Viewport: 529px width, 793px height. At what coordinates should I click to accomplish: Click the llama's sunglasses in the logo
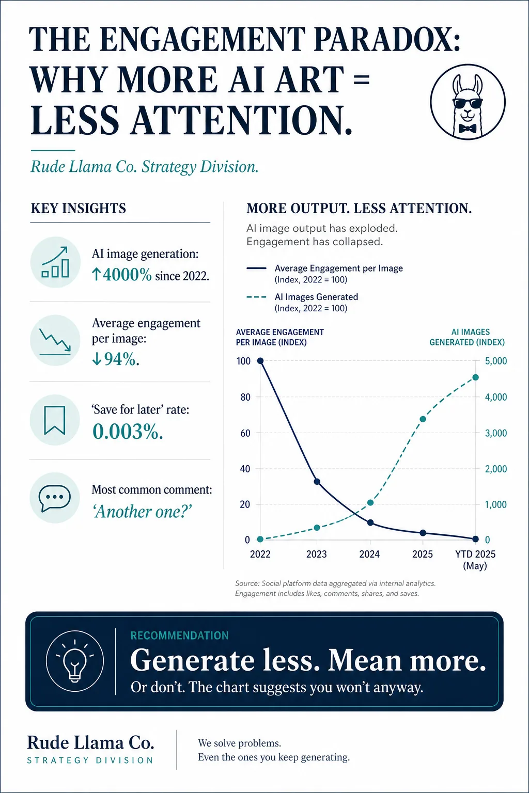tap(468, 104)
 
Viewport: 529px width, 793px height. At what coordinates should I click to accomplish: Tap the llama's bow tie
tap(468, 128)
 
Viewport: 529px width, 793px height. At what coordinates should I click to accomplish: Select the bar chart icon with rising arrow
tap(55, 262)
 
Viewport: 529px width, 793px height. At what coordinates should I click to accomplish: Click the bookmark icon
tap(55, 420)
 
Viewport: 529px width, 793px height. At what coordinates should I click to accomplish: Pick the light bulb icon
tap(75, 661)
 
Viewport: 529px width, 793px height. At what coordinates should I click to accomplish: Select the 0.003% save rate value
tap(128, 432)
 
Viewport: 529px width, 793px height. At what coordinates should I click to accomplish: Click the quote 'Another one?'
tap(143, 511)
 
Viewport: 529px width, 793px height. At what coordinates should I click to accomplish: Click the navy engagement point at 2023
tap(317, 482)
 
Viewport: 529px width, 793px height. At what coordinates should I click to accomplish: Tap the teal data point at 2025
tap(423, 419)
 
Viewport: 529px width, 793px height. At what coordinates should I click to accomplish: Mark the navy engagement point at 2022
tap(260, 361)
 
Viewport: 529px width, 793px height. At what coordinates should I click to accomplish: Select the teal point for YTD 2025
tap(475, 377)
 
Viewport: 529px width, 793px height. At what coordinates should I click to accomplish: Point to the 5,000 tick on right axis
tap(496, 361)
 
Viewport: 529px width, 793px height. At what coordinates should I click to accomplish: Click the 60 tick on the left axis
tap(245, 433)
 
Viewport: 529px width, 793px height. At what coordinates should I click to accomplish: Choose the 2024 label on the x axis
tap(369, 554)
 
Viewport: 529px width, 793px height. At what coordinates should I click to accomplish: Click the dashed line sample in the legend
tap(256, 297)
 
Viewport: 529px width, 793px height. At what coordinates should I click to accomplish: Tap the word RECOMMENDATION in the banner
tap(180, 636)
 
